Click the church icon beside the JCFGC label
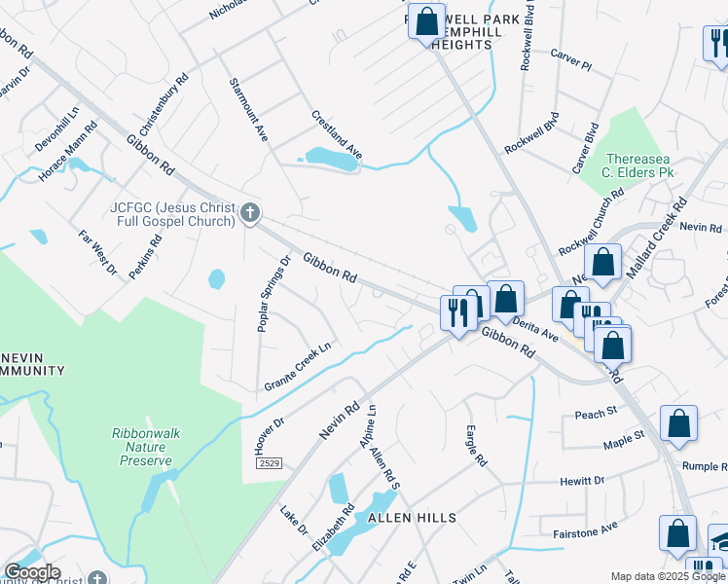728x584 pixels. click(x=250, y=213)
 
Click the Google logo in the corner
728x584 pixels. click(x=32, y=572)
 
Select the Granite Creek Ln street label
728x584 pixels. click(x=298, y=367)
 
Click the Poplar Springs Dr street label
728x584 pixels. click(x=273, y=295)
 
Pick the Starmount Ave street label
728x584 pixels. click(x=248, y=111)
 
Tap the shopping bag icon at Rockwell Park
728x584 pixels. click(x=425, y=21)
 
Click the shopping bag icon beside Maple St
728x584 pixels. click(x=678, y=424)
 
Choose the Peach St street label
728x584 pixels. click(x=596, y=413)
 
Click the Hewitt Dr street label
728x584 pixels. click(x=582, y=481)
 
